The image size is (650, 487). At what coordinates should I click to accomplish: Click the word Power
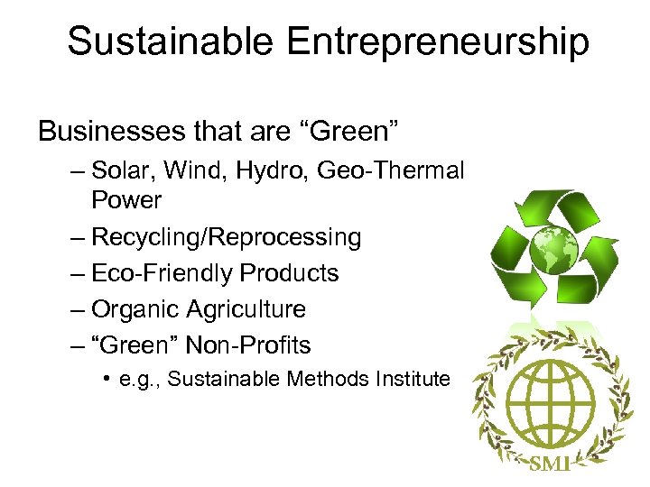(126, 200)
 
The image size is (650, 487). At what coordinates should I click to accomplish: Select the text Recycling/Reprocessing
(226, 237)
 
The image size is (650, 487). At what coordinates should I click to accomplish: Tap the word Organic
(135, 309)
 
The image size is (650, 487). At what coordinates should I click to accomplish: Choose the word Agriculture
(246, 309)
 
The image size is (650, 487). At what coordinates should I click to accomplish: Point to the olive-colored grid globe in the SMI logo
(549, 396)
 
